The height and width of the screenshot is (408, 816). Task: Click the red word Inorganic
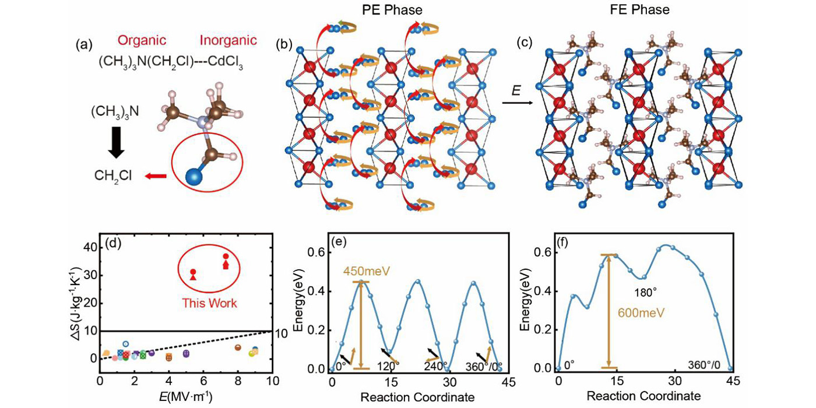tap(228, 41)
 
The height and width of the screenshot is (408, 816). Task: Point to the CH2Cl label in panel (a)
tap(115, 175)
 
